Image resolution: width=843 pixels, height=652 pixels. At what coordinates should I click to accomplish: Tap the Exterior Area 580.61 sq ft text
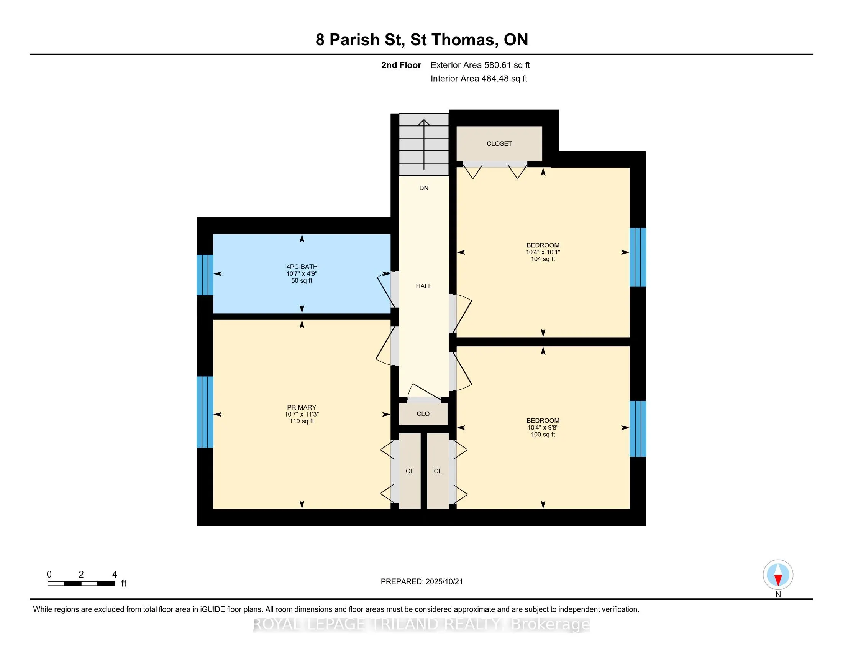tap(480, 65)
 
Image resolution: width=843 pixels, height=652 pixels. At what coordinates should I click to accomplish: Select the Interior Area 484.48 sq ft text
tap(479, 79)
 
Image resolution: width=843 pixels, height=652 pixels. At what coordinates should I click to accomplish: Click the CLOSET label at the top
tap(499, 144)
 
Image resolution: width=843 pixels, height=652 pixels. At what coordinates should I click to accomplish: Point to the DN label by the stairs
tap(424, 188)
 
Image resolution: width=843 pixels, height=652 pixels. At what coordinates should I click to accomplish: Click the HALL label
tap(423, 286)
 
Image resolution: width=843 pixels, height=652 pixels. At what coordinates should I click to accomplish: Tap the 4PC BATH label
tap(302, 267)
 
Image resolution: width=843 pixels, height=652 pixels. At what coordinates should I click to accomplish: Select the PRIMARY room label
tap(302, 407)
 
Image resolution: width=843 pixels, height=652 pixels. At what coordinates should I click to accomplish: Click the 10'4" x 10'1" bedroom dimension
tap(543, 252)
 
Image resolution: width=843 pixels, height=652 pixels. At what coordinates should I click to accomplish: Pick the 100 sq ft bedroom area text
tap(543, 434)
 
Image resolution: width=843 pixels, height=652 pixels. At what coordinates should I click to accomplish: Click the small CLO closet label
tap(423, 414)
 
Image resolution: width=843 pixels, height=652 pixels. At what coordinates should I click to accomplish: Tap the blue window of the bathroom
tap(205, 275)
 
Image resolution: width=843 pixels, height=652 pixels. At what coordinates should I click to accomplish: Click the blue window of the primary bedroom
tap(205, 412)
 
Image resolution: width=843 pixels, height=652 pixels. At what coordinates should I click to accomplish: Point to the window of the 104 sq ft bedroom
tap(638, 257)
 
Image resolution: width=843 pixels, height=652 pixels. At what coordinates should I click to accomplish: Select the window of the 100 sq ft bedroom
tap(638, 429)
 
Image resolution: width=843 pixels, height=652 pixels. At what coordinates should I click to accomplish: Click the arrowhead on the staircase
tap(424, 122)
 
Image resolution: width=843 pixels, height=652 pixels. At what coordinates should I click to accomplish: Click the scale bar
tap(81, 584)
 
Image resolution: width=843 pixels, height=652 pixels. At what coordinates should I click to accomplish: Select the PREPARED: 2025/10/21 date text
tap(421, 582)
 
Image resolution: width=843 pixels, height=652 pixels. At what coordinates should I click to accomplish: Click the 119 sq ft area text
tap(302, 421)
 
